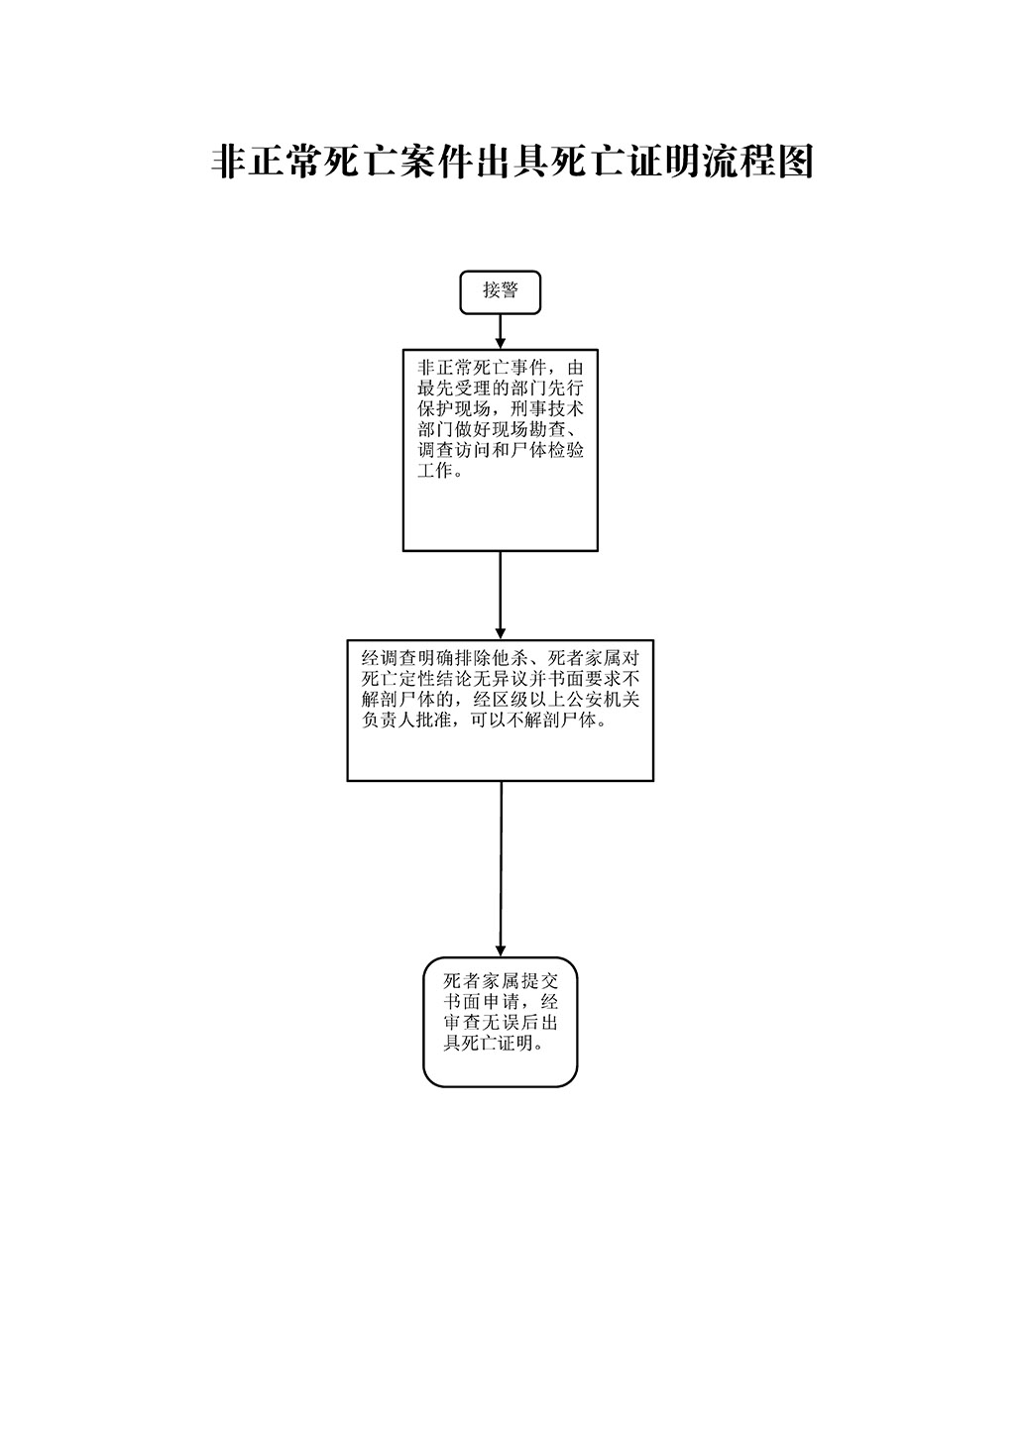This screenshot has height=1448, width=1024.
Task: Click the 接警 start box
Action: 500,292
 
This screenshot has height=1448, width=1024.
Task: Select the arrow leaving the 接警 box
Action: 500,332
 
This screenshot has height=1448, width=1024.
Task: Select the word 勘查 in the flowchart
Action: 547,429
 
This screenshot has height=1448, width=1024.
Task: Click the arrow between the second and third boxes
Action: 500,596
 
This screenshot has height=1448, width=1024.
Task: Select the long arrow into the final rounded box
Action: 501,869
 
